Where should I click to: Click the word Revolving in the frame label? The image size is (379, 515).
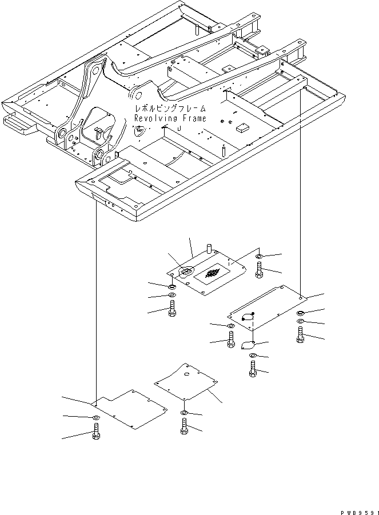[152, 118]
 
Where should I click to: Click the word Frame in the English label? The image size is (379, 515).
[189, 118]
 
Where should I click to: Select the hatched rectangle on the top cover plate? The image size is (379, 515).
[212, 274]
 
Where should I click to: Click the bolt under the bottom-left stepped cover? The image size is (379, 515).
[96, 438]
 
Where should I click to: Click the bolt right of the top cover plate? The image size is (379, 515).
[260, 269]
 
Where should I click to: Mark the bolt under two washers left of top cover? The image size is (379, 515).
[172, 312]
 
